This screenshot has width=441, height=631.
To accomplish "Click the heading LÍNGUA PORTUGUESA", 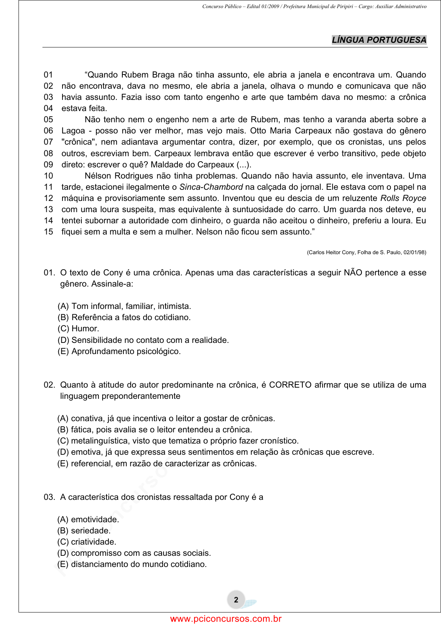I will point(379,40).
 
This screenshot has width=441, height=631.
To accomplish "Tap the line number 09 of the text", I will point(48,165).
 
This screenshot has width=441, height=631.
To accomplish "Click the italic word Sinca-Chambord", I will point(211,187).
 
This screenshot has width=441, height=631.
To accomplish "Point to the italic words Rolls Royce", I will point(403,198).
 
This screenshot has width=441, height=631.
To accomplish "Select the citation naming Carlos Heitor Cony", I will point(366,252).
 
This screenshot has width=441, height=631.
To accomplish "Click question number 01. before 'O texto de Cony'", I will point(49,273).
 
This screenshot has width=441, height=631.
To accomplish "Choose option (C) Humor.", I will point(78,329).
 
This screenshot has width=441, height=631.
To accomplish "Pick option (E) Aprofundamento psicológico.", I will point(119,351).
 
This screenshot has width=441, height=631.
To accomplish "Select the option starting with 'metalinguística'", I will point(178,441).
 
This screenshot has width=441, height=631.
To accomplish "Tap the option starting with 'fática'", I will point(155,430).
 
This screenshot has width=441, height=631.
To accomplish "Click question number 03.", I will point(49,497).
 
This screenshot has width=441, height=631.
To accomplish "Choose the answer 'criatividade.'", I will point(87,542).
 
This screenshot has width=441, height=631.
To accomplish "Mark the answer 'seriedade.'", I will point(84,531).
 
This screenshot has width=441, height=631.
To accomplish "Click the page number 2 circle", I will point(236,600).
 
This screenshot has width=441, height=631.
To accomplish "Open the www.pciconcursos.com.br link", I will point(226,619).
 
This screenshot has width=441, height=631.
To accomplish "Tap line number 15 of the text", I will point(48,232).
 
